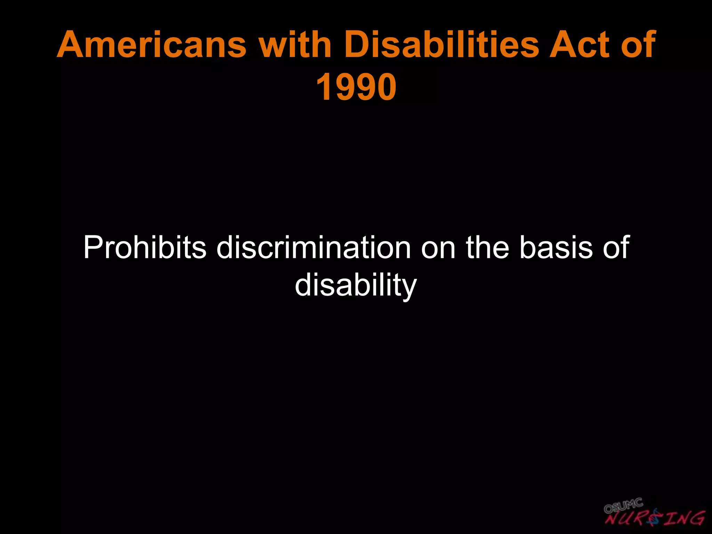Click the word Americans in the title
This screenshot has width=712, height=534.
(x=152, y=45)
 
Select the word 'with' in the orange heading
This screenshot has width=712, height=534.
(x=296, y=45)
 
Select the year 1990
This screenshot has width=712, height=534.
(x=356, y=87)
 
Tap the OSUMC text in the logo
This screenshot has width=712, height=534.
(x=623, y=506)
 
